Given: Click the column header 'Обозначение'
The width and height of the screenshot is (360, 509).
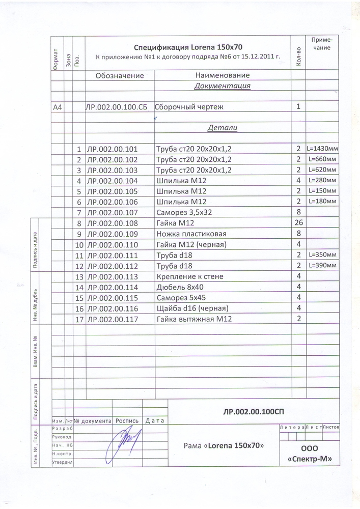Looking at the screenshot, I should [x=120, y=75].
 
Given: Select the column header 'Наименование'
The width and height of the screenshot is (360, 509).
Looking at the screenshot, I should [x=222, y=75].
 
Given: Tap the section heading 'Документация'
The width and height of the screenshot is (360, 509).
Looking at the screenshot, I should [x=222, y=86].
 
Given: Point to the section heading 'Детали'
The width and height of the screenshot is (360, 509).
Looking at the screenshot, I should [x=223, y=128].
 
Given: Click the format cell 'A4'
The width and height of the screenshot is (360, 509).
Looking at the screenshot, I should [x=58, y=107].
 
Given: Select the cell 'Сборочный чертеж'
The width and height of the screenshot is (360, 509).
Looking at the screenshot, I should [x=189, y=107].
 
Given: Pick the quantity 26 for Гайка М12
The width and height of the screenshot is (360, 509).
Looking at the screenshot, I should [x=299, y=223].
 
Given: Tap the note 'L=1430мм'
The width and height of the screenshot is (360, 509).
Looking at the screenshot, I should [x=322, y=149].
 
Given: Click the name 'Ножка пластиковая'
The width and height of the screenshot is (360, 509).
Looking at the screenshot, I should [x=191, y=234].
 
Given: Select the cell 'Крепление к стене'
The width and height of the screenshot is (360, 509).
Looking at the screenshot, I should [x=190, y=276].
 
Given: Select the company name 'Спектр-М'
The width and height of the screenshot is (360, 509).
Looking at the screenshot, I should [x=310, y=459].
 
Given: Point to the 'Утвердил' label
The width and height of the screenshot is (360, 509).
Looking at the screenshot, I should [x=63, y=462].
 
